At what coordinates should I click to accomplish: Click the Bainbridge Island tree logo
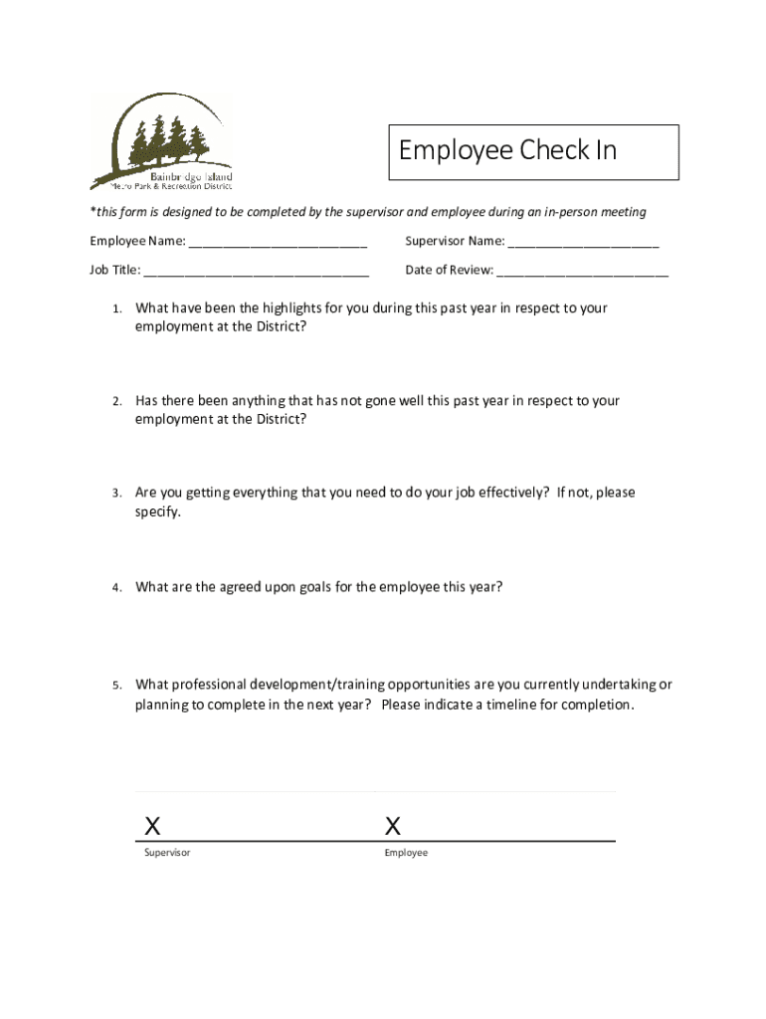(162, 142)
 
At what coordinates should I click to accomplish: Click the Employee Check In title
(507, 150)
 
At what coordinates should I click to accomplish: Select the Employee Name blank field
(278, 242)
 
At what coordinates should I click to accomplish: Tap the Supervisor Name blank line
(584, 242)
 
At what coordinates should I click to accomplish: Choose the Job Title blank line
(257, 270)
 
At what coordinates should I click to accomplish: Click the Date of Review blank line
(583, 270)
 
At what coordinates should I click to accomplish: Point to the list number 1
(116, 309)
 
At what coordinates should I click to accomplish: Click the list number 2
(116, 402)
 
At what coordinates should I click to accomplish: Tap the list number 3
(116, 494)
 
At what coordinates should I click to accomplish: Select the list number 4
(116, 588)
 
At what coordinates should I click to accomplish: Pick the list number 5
(116, 686)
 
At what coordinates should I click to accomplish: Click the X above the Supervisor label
(152, 826)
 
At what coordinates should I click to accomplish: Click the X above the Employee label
(393, 826)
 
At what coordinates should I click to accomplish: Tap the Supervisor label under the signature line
(167, 854)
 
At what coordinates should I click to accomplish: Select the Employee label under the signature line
(406, 854)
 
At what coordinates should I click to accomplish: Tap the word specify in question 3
(158, 512)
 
